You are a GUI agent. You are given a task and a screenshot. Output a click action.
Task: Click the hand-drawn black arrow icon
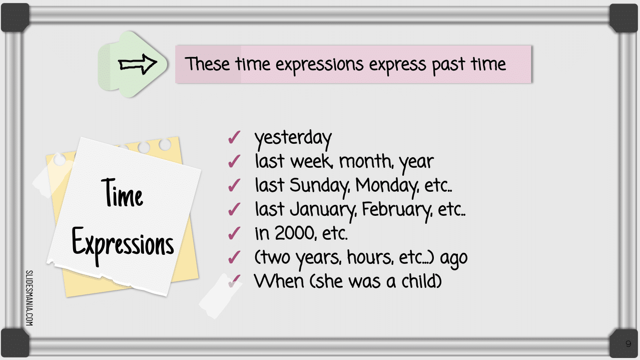(x=138, y=64)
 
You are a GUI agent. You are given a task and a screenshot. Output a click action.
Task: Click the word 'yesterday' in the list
(x=293, y=139)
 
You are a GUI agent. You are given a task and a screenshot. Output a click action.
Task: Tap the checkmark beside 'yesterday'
(x=234, y=137)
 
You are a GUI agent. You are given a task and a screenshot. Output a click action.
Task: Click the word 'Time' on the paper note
(x=122, y=193)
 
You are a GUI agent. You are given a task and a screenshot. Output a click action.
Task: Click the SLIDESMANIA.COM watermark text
(x=30, y=298)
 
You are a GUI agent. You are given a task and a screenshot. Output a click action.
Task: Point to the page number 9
(x=628, y=343)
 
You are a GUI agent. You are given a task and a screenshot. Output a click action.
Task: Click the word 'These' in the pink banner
(x=207, y=64)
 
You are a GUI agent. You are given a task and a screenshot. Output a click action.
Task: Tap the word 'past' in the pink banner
(x=448, y=65)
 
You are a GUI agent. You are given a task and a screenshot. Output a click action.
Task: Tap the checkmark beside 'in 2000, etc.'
(x=234, y=233)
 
